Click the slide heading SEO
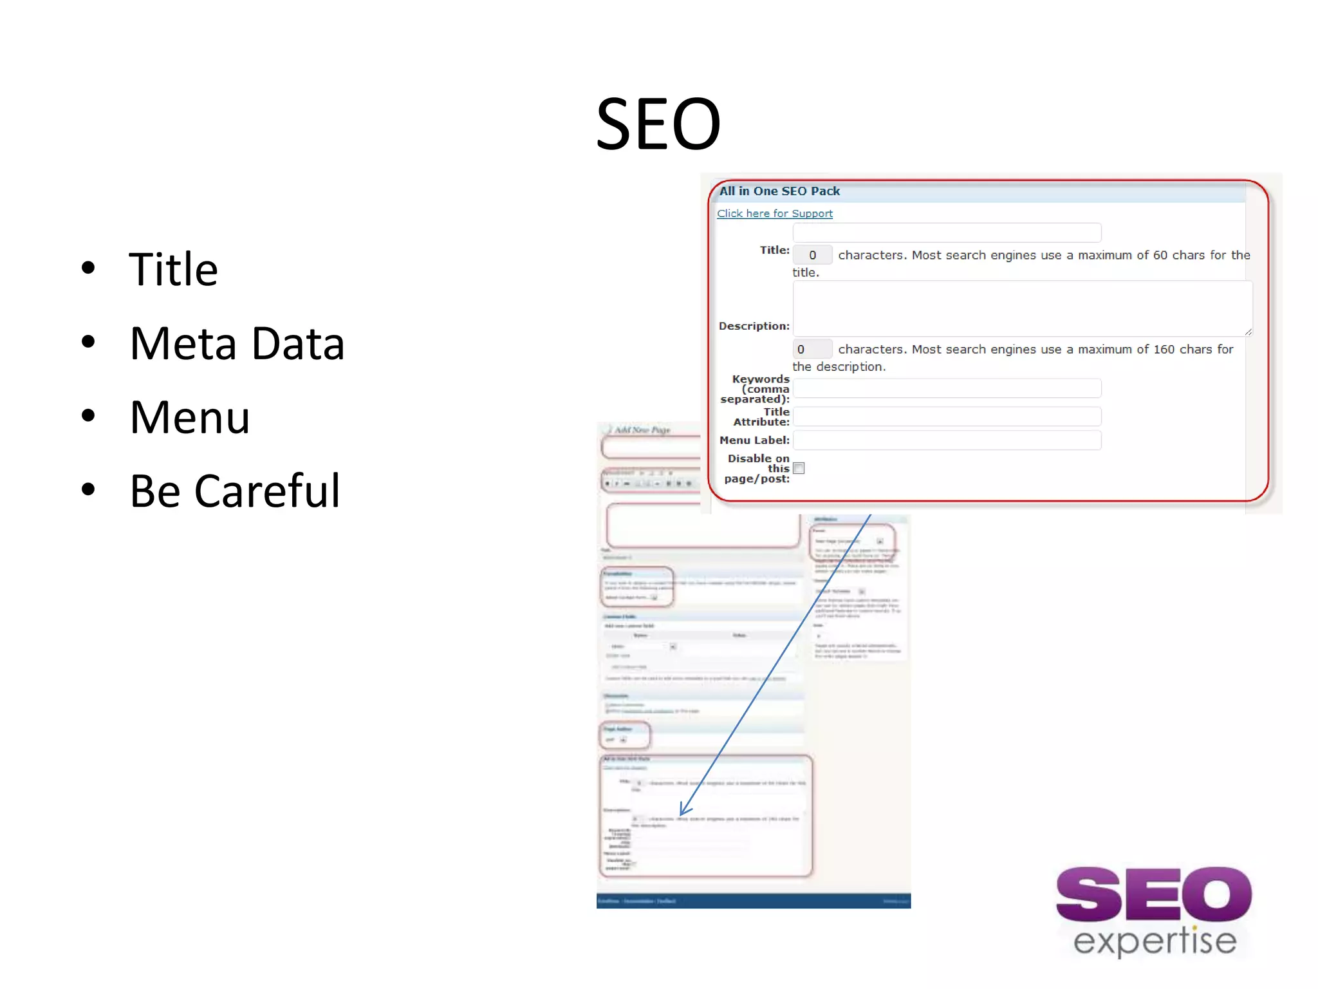[x=658, y=124]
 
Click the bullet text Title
[x=173, y=269]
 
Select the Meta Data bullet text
[x=237, y=343]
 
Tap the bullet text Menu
[x=189, y=417]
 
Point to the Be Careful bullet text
[x=234, y=491]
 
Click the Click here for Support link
[x=774, y=214]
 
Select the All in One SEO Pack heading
[x=779, y=191]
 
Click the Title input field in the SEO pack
[x=946, y=232]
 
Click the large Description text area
[x=1022, y=308]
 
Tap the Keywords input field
[x=946, y=388]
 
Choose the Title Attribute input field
[x=946, y=417]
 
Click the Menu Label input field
[x=946, y=440]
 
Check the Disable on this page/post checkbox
[x=799, y=468]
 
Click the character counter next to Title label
[x=812, y=255]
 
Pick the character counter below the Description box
[x=812, y=349]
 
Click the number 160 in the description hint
[x=1164, y=349]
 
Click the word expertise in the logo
[x=1155, y=941]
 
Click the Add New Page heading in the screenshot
[x=642, y=429]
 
